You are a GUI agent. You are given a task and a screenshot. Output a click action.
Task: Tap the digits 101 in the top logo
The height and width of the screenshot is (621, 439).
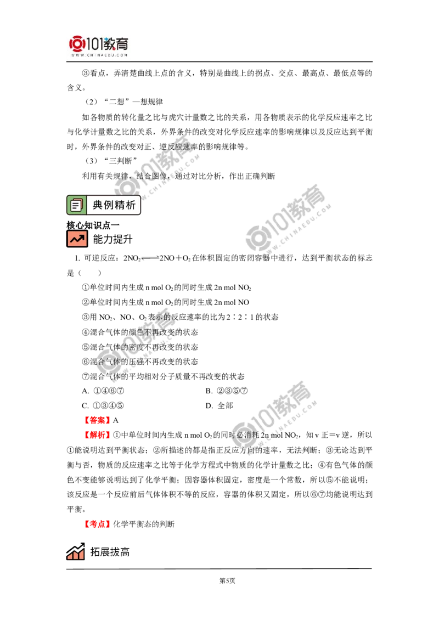[94, 43]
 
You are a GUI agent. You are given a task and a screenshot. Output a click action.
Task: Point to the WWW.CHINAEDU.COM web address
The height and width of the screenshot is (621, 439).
[99, 55]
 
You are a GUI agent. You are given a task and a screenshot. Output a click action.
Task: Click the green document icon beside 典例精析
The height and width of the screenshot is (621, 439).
[76, 205]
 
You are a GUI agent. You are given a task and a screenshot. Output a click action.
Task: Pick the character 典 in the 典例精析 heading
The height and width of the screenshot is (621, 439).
[98, 206]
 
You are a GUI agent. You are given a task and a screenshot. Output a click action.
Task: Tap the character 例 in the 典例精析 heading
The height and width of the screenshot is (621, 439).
[110, 206]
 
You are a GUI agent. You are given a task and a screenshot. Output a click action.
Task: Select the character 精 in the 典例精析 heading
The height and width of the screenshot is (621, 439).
[121, 206]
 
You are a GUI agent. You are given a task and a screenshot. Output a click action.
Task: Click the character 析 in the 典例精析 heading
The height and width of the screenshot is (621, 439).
[132, 206]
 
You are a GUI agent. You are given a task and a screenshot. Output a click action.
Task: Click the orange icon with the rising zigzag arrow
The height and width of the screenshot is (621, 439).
[77, 239]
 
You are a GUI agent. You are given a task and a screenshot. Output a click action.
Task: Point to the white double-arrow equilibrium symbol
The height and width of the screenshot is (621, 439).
[149, 258]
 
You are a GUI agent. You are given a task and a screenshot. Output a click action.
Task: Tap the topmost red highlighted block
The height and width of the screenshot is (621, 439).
[97, 420]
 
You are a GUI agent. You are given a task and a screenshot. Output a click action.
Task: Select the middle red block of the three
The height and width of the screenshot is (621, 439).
[97, 434]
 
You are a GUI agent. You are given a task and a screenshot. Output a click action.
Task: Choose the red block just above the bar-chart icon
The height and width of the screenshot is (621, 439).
[98, 524]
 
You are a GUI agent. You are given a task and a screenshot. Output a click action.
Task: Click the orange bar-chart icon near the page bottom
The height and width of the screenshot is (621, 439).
[75, 552]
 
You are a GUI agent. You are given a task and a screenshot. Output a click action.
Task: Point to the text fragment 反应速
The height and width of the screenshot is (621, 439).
[178, 147]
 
